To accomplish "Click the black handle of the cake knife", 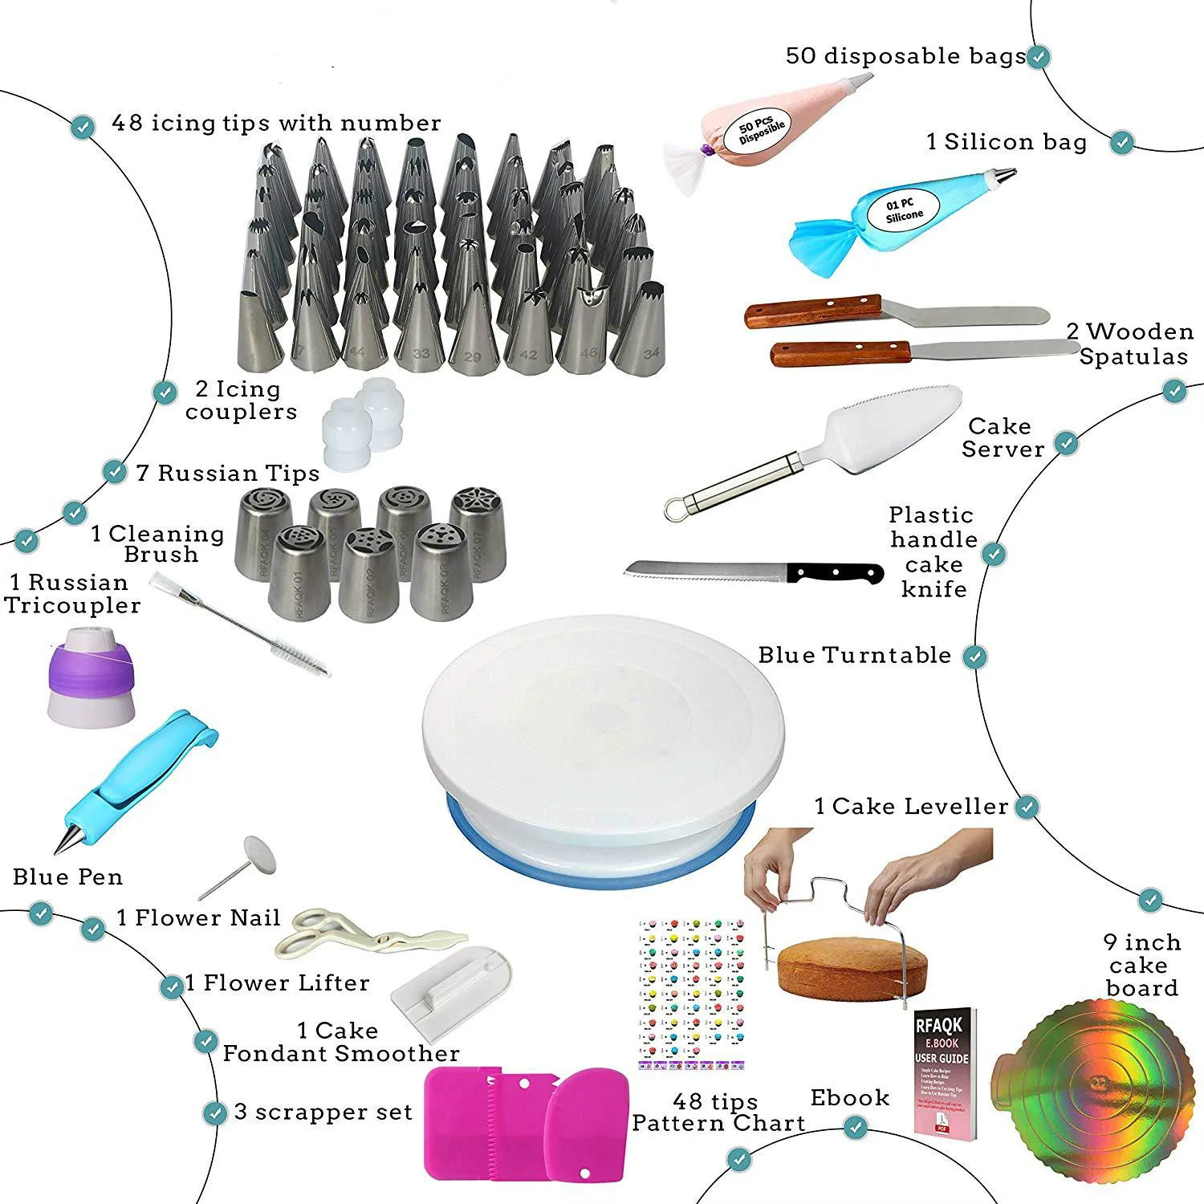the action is tap(835, 573).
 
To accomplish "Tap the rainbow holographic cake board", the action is tap(1100, 1104).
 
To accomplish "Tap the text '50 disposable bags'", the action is tap(905, 56).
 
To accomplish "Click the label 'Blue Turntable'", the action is tap(854, 655).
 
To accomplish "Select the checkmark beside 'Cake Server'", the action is tap(1067, 442).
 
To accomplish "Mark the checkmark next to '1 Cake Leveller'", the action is tap(1027, 807).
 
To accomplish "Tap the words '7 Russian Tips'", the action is tap(227, 473).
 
